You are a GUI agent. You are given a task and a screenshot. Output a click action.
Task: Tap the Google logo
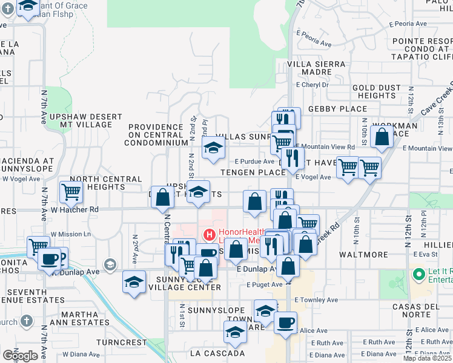tap(20, 355)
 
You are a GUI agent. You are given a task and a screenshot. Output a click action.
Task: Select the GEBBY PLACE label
tap(337, 109)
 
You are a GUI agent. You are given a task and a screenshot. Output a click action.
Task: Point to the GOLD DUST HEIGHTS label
tap(377, 91)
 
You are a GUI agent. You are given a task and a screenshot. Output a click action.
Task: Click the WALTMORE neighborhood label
tap(363, 255)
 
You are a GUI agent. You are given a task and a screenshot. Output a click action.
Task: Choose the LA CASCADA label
tap(217, 353)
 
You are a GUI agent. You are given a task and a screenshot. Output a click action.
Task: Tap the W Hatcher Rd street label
tap(75, 210)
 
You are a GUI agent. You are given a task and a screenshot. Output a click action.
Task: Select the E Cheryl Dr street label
tap(311, 85)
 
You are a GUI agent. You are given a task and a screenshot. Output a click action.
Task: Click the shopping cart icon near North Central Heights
tap(71, 192)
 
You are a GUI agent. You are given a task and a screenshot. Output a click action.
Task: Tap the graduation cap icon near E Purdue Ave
tap(213, 148)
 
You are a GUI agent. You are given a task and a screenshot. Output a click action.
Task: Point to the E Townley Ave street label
tap(316, 299)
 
